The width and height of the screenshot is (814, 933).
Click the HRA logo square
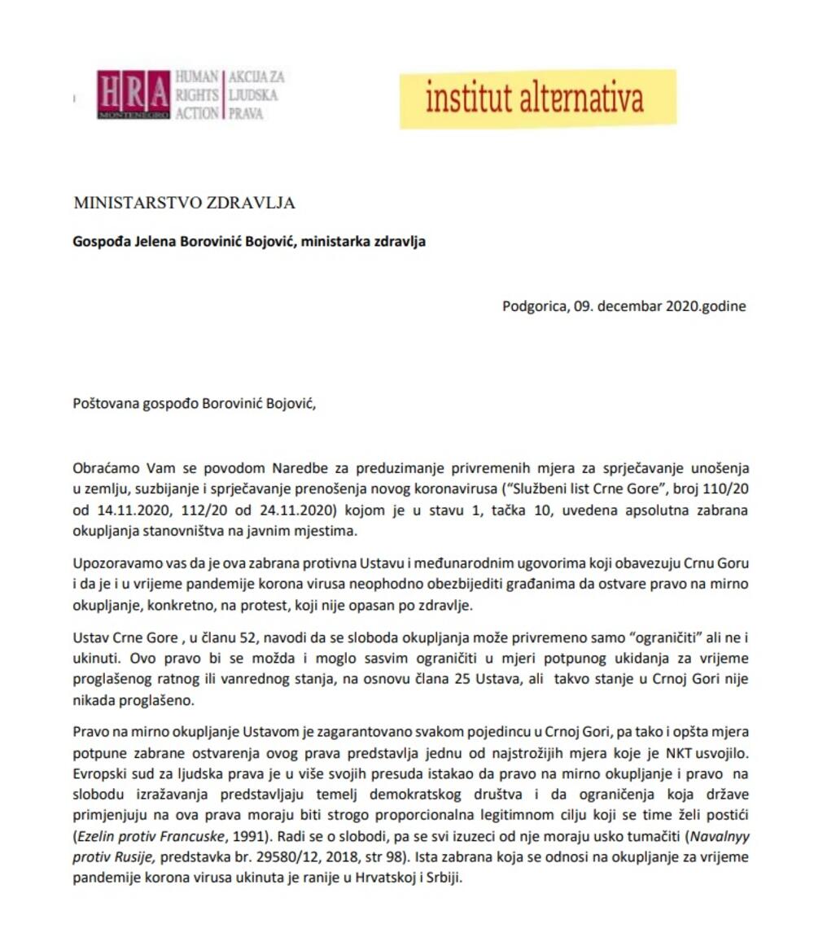(x=133, y=94)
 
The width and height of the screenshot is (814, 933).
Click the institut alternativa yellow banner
(x=536, y=99)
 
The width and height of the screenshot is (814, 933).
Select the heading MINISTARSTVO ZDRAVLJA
(x=184, y=203)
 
